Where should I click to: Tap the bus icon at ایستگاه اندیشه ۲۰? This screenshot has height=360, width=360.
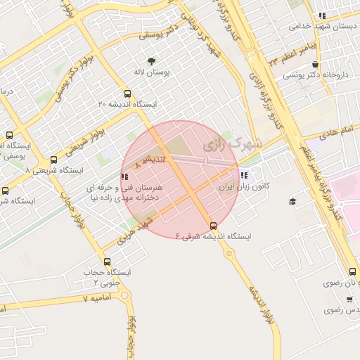127,94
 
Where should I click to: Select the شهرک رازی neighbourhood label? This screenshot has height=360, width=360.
231,145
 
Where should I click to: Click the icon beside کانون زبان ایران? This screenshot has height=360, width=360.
244,176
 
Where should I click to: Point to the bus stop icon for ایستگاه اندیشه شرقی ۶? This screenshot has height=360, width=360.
213,226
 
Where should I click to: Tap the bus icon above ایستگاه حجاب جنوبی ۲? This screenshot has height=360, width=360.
107,262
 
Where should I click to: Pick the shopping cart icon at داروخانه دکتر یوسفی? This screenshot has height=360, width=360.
314,64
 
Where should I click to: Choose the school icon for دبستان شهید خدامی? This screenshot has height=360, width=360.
321,15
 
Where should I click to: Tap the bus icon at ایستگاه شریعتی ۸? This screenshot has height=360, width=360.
54,160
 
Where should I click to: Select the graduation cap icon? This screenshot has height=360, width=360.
292,202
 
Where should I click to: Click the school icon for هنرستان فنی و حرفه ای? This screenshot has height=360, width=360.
124,178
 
